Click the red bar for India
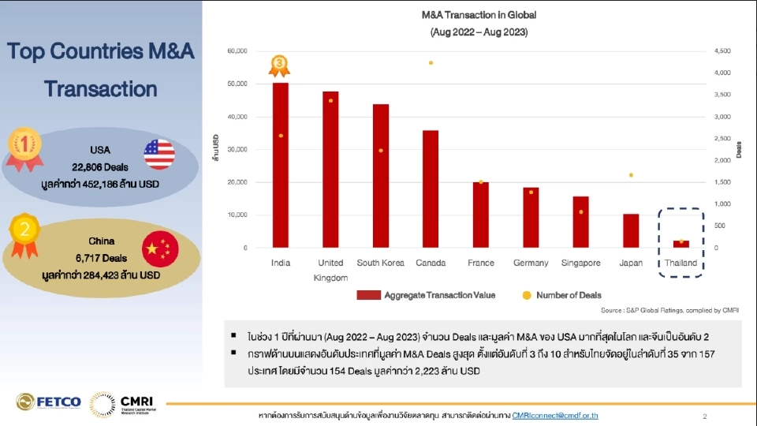(280, 165)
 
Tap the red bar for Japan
(631, 230)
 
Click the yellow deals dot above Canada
(431, 62)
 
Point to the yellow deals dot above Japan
(631, 175)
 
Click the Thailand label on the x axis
(679, 263)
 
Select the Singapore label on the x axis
(581, 263)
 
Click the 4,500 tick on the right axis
(722, 50)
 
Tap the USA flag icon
(159, 154)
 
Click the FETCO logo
(49, 402)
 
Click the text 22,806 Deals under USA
(99, 167)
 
